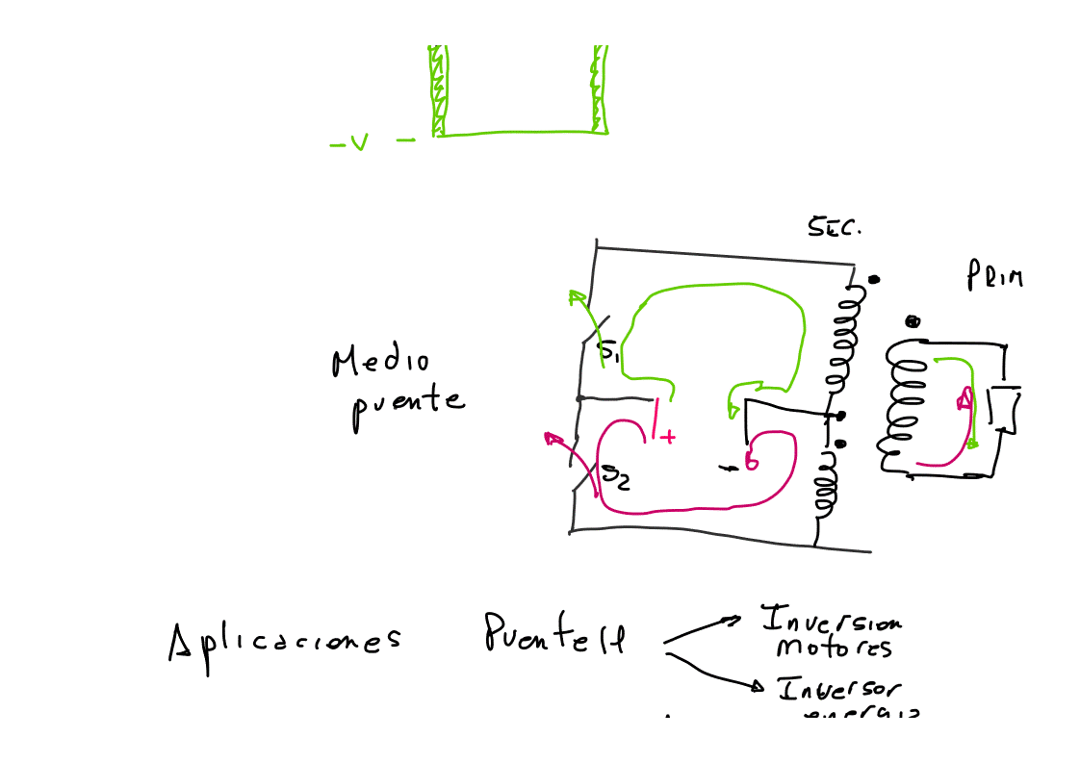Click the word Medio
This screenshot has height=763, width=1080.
pos(380,363)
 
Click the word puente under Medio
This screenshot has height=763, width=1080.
pos(407,403)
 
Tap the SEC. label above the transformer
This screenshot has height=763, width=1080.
pos(834,228)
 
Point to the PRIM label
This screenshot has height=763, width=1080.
pos(994,277)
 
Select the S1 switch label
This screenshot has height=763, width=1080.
pos(608,351)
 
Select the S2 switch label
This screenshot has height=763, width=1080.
pos(616,475)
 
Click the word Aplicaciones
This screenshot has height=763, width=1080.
pos(284,642)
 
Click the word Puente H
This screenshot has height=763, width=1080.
pos(554,634)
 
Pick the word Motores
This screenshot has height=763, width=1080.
pos(834,647)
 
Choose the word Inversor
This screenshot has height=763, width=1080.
pos(839,690)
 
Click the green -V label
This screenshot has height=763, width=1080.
pos(350,144)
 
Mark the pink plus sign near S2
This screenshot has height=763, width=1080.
pos(666,438)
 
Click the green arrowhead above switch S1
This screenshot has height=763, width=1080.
pos(576,296)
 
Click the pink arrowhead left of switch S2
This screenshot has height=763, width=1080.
pos(553,440)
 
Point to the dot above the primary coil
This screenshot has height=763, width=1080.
pos(913,321)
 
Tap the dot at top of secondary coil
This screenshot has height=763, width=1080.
pos(873,280)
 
